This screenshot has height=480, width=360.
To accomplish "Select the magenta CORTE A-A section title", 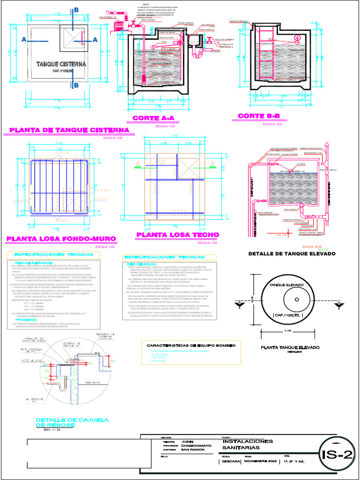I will tap(153, 118).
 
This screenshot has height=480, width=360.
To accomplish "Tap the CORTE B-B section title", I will tap(259, 116).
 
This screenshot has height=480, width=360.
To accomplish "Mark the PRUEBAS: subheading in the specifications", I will tap(29, 320).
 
